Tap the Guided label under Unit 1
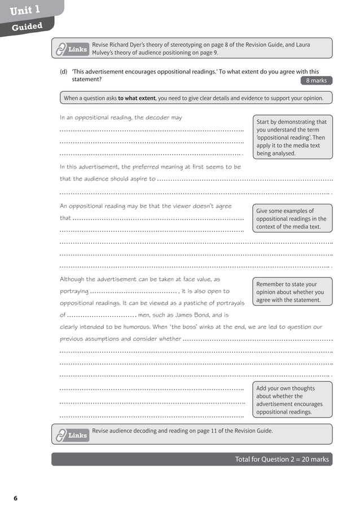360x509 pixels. pyautogui.click(x=27, y=27)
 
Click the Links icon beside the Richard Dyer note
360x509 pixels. pyautogui.click(x=72, y=50)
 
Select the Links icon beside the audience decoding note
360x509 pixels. pyautogui.click(x=72, y=436)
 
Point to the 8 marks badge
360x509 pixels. pyautogui.click(x=316, y=81)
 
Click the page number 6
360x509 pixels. pyautogui.click(x=16, y=498)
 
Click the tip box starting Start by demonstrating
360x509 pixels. pyautogui.click(x=291, y=137)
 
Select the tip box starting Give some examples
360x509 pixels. pyautogui.click(x=291, y=218)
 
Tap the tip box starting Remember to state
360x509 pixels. pyautogui.click(x=291, y=292)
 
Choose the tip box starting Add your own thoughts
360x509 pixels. pyautogui.click(x=291, y=400)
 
